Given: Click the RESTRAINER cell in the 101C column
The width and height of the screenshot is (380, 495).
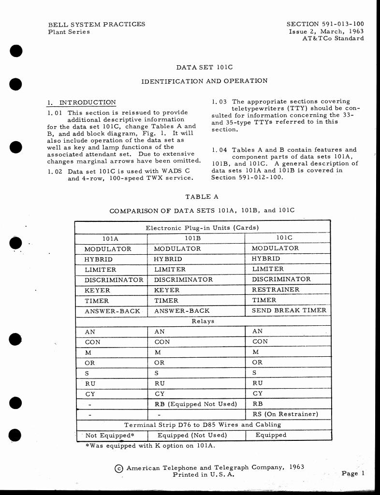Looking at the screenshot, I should tap(276, 290).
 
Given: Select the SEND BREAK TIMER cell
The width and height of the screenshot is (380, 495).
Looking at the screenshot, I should tap(289, 311).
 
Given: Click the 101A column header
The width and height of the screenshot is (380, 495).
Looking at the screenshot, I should tap(110, 239).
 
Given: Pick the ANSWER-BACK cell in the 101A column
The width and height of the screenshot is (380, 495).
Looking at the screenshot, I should tap(112, 311).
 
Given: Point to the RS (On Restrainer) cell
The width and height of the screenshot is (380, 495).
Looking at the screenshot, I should tap(285, 414).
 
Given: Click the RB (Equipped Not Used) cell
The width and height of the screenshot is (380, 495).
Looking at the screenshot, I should tap(196, 404).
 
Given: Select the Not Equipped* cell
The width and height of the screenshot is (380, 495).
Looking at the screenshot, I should tap(110, 436).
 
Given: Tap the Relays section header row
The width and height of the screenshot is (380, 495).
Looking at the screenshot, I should tap(203, 321).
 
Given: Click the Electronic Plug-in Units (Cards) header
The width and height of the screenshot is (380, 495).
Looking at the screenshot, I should tap(202, 228).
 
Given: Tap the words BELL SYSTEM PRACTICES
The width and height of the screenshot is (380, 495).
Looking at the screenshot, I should tap(97, 24).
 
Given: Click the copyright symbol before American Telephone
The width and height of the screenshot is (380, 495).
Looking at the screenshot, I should tap(119, 468).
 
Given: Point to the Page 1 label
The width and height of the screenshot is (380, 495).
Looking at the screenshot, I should tap(352, 473).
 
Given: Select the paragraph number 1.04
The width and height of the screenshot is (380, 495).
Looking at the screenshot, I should tap(219, 150).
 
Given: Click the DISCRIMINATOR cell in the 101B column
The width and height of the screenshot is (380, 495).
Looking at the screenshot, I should tap(183, 280).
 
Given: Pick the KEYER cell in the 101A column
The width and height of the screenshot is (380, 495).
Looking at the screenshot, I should tap(97, 291).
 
